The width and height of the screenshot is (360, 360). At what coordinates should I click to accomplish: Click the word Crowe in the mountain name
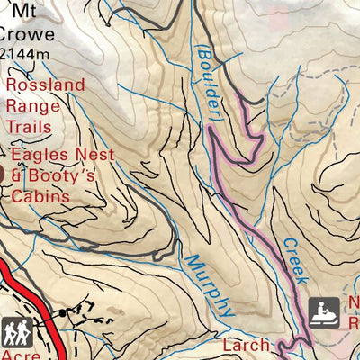(27, 35)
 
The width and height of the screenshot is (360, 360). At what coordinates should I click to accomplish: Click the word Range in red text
(34, 106)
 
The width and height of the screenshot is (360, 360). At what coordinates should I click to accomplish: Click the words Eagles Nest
(61, 156)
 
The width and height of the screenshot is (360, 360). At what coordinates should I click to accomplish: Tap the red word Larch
(245, 345)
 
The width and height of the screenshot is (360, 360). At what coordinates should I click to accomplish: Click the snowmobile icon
(324, 312)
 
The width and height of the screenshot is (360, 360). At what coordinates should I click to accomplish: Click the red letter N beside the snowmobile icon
(354, 304)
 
